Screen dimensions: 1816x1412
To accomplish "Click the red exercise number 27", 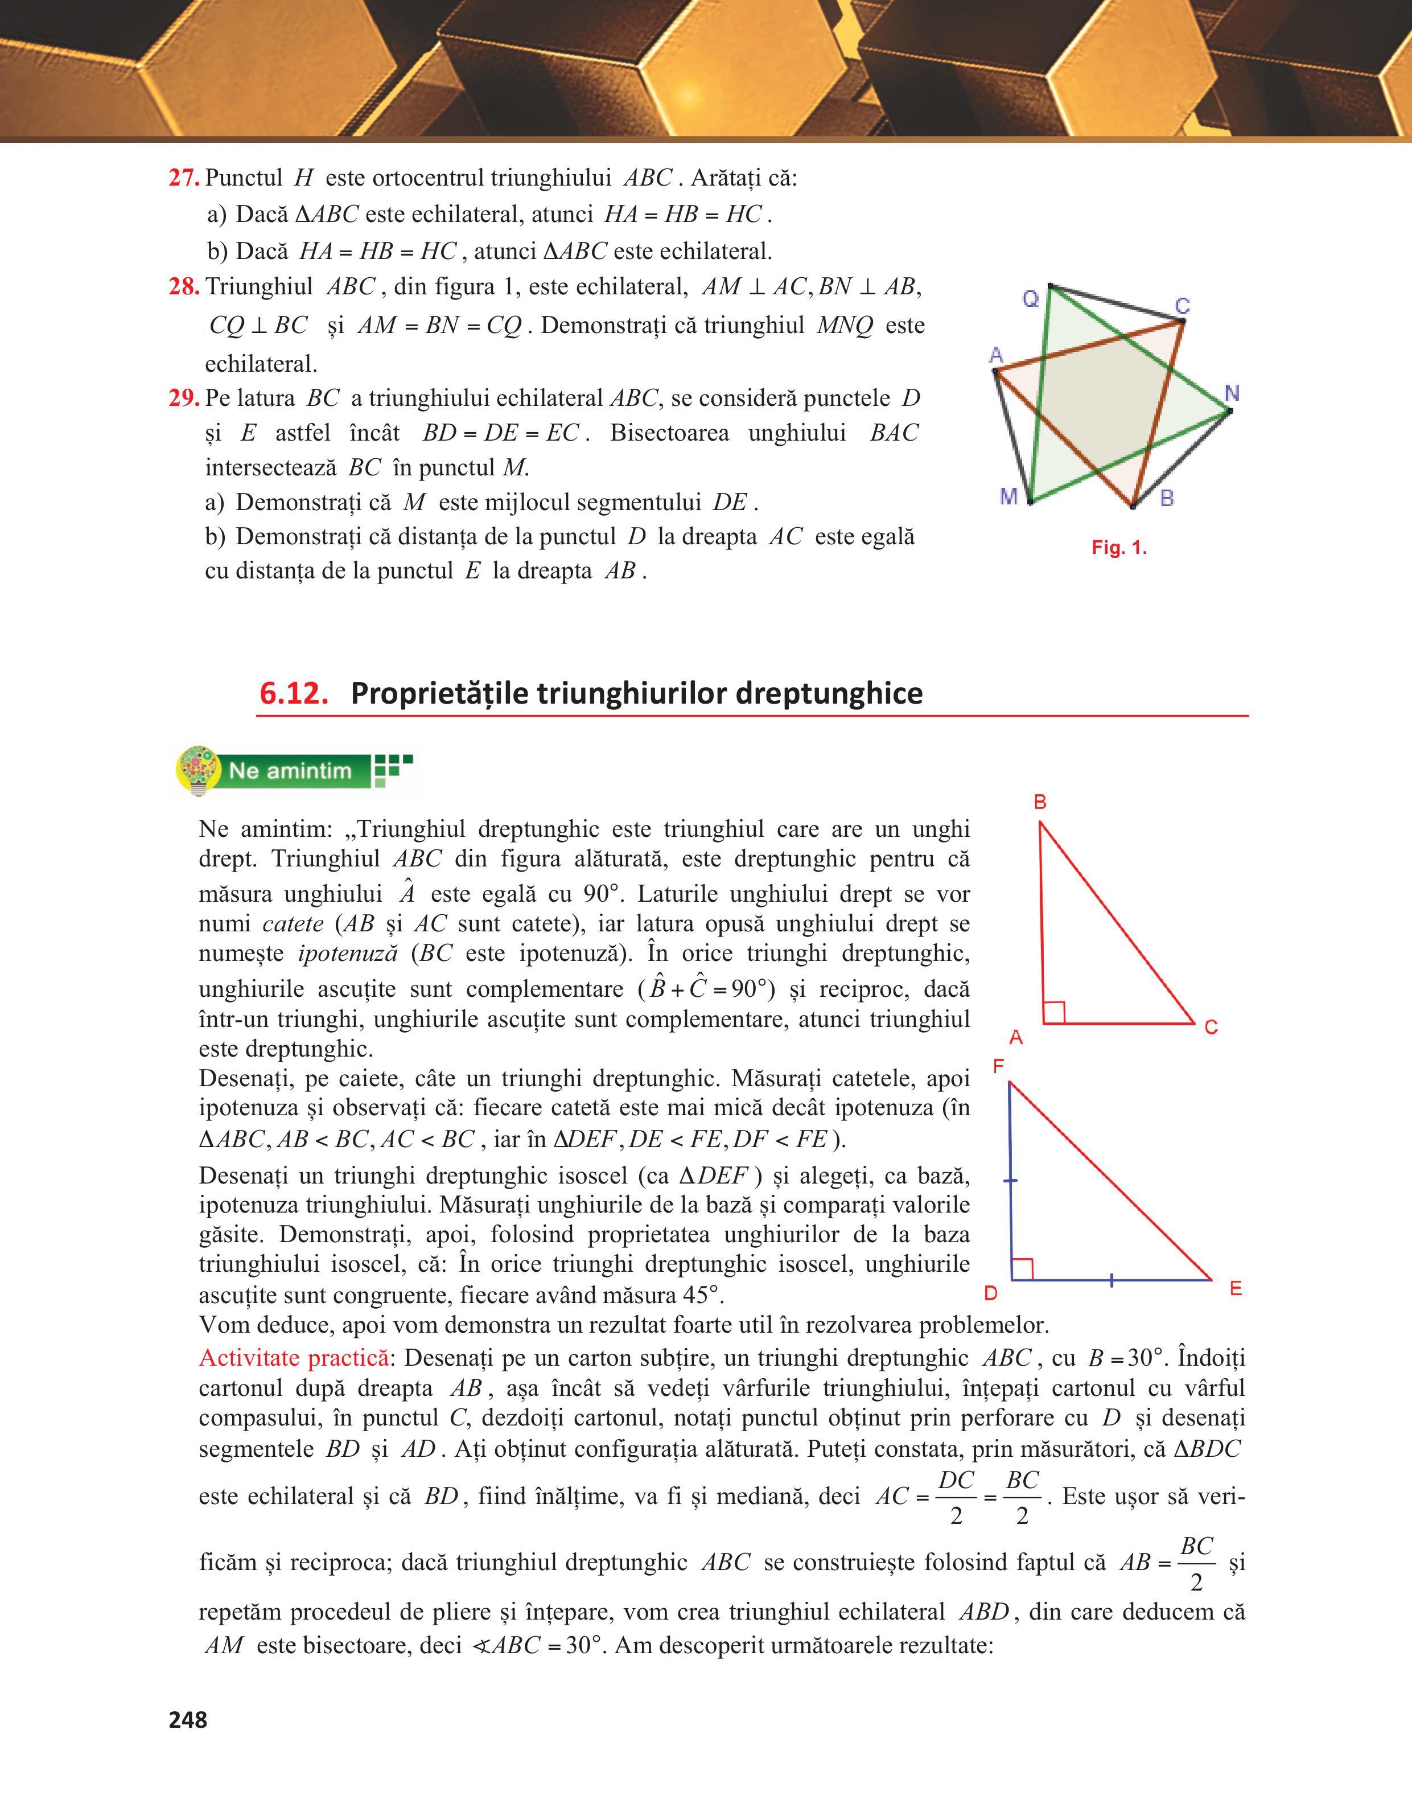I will (184, 178).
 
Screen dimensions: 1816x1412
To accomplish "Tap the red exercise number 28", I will (184, 287).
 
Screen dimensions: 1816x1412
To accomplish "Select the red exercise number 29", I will (184, 398).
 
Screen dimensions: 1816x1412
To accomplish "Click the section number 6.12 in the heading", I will (293, 693).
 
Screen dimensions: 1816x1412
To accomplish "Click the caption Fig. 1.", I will (1119, 548).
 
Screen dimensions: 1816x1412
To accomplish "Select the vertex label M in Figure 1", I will (1009, 497).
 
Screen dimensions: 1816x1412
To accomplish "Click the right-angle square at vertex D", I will (1022, 1269).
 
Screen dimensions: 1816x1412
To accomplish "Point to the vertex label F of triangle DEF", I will (998, 1067).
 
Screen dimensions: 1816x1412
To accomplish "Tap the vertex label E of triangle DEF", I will (1236, 1289).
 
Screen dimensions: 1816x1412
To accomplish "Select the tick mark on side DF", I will (1011, 1180).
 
